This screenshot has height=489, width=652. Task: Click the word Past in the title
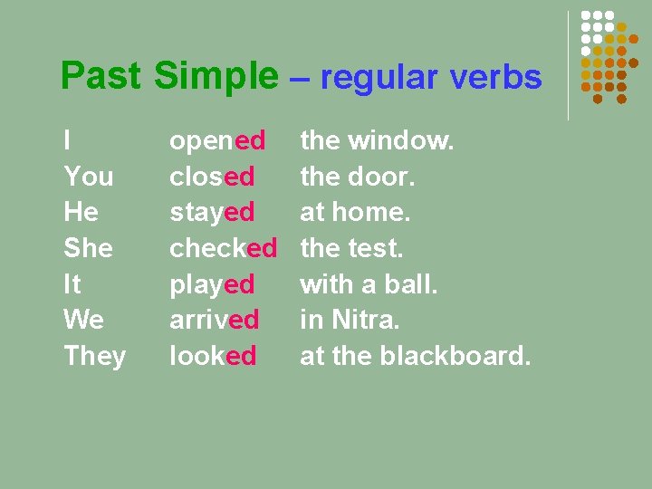pyautogui.click(x=100, y=77)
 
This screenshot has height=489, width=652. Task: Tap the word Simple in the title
pyautogui.click(x=216, y=78)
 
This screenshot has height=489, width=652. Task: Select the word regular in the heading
pyautogui.click(x=373, y=79)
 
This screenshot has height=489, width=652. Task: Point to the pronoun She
pyautogui.click(x=88, y=248)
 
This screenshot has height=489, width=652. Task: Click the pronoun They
pyautogui.click(x=94, y=357)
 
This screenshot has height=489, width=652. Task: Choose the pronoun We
pyautogui.click(x=83, y=321)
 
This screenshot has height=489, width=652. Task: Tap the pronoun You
pyautogui.click(x=88, y=177)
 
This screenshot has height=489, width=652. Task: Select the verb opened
pyautogui.click(x=217, y=141)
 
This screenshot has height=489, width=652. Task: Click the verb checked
pyautogui.click(x=223, y=248)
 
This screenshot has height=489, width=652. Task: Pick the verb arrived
pyautogui.click(x=215, y=321)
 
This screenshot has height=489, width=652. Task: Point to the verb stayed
pyautogui.click(x=213, y=213)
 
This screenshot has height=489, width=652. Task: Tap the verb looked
pyautogui.click(x=213, y=356)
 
